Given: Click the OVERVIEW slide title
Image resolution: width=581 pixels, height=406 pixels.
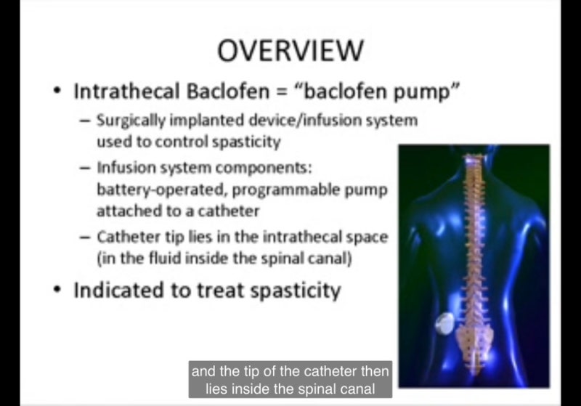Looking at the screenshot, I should point(290,51).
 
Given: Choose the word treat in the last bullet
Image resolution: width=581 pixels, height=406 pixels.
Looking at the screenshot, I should point(222,291).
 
